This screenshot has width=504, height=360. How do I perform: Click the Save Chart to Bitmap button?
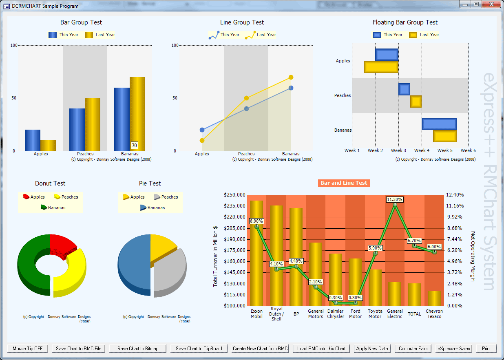138,349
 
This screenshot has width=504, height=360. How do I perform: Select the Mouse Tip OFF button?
28,349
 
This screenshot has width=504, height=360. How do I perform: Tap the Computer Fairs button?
413,349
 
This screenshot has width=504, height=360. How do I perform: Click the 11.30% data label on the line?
395,199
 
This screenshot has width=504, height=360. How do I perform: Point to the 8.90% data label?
256,221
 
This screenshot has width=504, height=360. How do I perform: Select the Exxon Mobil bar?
256,253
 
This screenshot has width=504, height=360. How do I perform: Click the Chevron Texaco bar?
434,298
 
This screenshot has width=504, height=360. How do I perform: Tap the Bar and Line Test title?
343,183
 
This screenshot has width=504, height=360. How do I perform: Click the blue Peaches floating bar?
404,89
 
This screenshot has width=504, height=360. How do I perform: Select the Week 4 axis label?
422,150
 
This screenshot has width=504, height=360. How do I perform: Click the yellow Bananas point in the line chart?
291,77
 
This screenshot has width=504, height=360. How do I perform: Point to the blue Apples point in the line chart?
202,130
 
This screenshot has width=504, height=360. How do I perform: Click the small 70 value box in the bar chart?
134,145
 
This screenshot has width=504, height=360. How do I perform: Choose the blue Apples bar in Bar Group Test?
33,140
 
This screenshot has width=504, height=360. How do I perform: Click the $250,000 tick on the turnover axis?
235,195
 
